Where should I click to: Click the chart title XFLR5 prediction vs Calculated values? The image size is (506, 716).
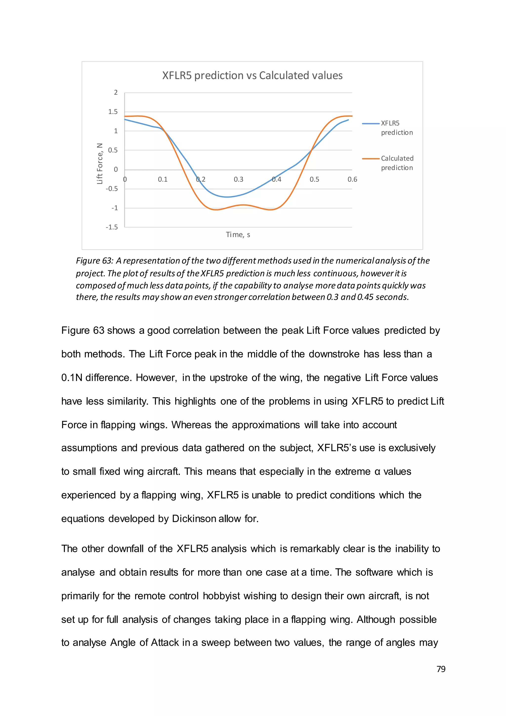[x=252, y=75]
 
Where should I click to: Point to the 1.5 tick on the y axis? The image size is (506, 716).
[x=113, y=112]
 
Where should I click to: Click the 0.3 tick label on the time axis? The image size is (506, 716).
[x=238, y=179]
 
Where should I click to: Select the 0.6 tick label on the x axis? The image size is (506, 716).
[x=352, y=179]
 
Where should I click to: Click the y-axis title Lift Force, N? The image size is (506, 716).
[x=100, y=164]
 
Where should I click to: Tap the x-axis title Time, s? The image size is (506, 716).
[x=238, y=235]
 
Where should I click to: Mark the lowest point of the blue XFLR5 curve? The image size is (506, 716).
[x=227, y=197]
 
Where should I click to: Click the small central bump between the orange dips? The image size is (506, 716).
[x=243, y=205]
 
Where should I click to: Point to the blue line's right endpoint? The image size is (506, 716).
[x=348, y=120]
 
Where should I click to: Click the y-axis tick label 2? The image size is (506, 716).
[x=116, y=92]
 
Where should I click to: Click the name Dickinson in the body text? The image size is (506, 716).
[x=194, y=519]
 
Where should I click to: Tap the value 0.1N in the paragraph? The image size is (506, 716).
[x=71, y=378]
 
